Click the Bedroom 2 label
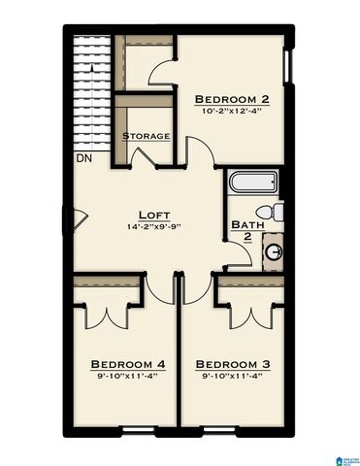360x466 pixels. point(232,99)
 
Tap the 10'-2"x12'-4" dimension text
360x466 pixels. point(232,112)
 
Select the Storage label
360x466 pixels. point(146,136)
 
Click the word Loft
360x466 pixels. point(155,215)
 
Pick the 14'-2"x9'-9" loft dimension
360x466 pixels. point(155,227)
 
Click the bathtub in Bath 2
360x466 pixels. point(253,183)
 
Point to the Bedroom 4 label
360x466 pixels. point(127,365)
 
